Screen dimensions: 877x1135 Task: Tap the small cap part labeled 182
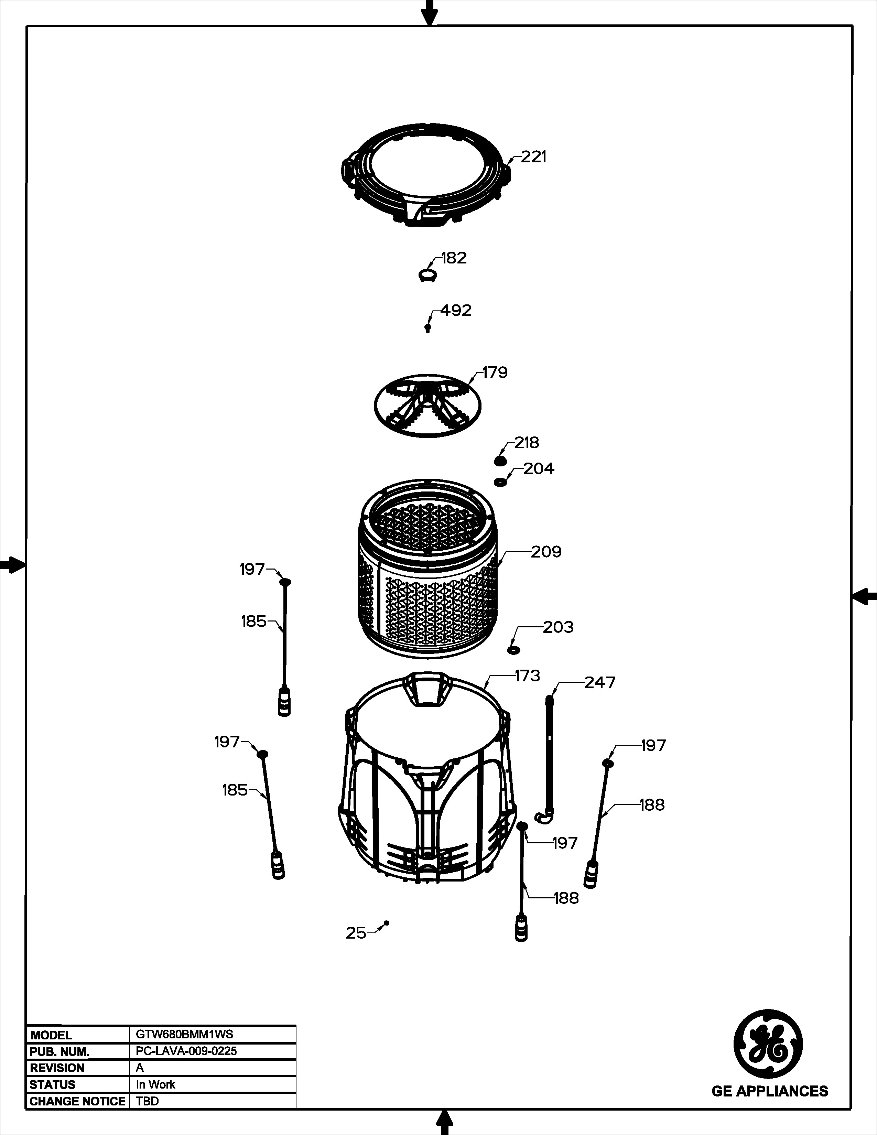click(x=427, y=275)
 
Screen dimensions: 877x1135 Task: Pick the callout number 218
click(x=527, y=442)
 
